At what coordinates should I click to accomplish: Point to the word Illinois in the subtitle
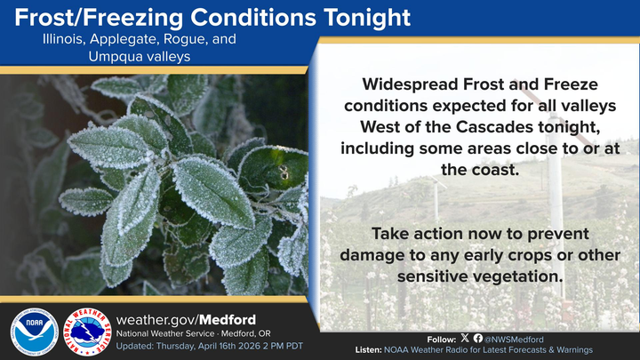[64, 40]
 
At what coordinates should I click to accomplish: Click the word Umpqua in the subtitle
[114, 56]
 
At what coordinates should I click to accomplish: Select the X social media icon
[466, 339]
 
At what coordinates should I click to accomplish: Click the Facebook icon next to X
[478, 339]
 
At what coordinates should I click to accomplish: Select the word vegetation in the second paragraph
[520, 276]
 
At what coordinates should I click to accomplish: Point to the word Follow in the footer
[440, 339]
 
